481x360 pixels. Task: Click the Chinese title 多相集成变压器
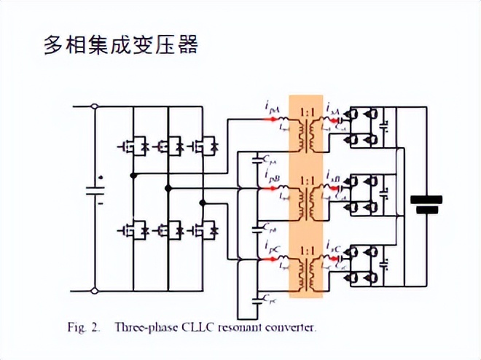tap(121, 45)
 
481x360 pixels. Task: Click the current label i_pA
tap(271, 107)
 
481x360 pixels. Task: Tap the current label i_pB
tap(272, 177)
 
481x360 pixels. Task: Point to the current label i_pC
tap(272, 245)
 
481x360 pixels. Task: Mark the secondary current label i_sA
tap(333, 108)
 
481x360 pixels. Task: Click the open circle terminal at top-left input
tap(95, 106)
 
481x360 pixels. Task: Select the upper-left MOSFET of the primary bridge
tap(131, 146)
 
